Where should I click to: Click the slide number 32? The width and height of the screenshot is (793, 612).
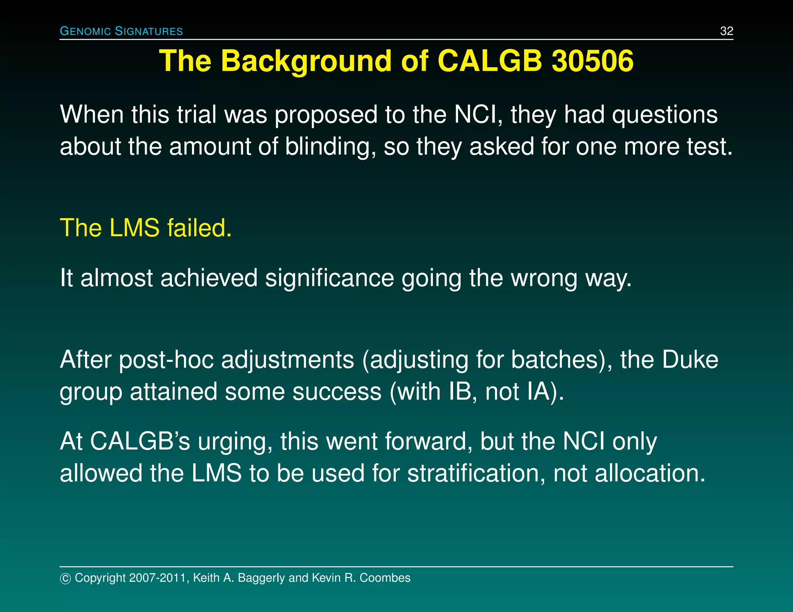click(x=726, y=31)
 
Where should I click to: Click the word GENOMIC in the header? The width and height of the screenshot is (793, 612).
click(x=86, y=31)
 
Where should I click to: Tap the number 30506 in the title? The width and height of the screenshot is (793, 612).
click(x=592, y=61)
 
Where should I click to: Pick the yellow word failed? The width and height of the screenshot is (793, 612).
click(x=199, y=228)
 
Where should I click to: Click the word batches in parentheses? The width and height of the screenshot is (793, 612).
click(x=554, y=360)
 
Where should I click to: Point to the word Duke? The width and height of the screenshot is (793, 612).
click(x=690, y=360)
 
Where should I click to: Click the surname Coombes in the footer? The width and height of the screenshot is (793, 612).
click(x=385, y=578)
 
